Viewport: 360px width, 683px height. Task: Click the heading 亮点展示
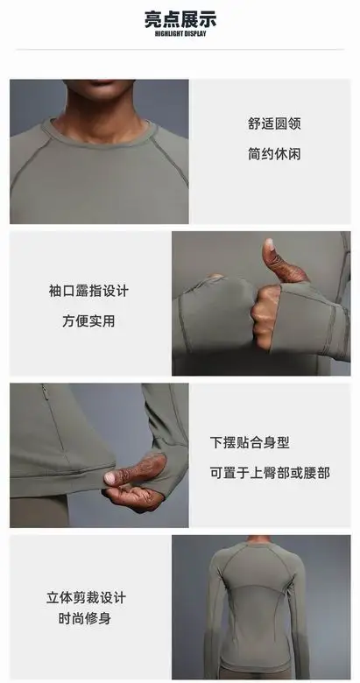pyautogui.click(x=180, y=19)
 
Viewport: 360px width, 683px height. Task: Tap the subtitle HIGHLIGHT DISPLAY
pyautogui.click(x=180, y=34)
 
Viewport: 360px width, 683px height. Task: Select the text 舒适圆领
pyautogui.click(x=274, y=123)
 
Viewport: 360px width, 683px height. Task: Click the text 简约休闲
pyautogui.click(x=274, y=154)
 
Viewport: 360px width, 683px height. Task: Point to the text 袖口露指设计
pyautogui.click(x=88, y=291)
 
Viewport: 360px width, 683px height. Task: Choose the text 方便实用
pyautogui.click(x=88, y=321)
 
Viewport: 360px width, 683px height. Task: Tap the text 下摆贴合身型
pyautogui.click(x=250, y=442)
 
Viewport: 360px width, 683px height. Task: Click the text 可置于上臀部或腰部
pyautogui.click(x=270, y=473)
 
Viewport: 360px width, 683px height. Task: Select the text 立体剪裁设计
pyautogui.click(x=86, y=597)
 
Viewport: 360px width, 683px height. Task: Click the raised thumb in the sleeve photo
pyautogui.click(x=281, y=261)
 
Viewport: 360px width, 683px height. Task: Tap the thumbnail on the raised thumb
pyautogui.click(x=268, y=245)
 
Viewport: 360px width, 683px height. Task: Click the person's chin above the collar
pyautogui.click(x=99, y=86)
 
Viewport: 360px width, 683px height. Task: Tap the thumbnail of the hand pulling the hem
pyautogui.click(x=110, y=478)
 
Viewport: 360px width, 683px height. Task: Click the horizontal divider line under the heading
pyautogui.click(x=180, y=50)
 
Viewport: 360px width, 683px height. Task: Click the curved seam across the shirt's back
pyautogui.click(x=257, y=585)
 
